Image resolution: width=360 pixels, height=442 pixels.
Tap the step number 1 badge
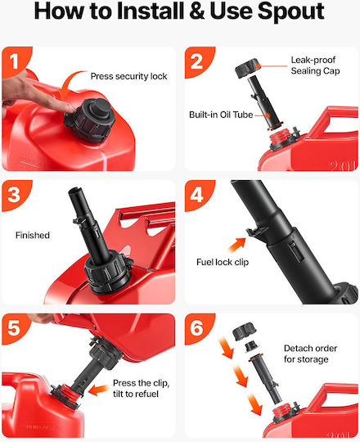pyautogui.click(x=15, y=61)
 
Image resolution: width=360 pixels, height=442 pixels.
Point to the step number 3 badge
pyautogui.click(x=15, y=195)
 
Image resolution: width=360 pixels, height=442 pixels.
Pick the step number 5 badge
pyautogui.click(x=15, y=328)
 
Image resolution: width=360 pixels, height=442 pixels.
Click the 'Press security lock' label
pyautogui.click(x=128, y=76)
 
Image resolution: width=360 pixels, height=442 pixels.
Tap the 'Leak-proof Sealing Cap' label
pyautogui.click(x=315, y=65)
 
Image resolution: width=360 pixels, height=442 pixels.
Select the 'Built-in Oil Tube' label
pyautogui.click(x=221, y=115)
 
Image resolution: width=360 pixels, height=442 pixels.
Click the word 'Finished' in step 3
pyautogui.click(x=33, y=235)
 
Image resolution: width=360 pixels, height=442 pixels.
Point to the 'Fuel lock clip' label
pyautogui.click(x=223, y=262)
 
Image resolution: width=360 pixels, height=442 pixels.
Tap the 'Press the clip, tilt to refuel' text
pyautogui.click(x=141, y=388)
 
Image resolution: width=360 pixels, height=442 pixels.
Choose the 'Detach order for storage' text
pyautogui.click(x=310, y=354)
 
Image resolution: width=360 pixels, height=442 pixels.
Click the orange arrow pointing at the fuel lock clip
pyautogui.click(x=236, y=245)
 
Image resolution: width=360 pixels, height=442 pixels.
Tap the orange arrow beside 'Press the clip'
pyautogui.click(x=98, y=390)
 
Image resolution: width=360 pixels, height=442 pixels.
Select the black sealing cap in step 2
pyautogui.click(x=247, y=68)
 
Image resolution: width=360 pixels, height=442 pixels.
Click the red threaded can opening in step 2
pyautogui.click(x=279, y=136)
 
